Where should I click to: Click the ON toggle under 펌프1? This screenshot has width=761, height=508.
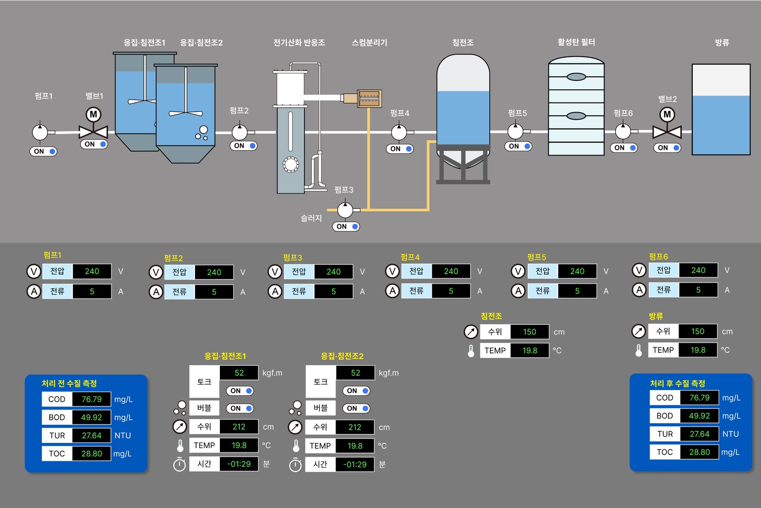(43, 151)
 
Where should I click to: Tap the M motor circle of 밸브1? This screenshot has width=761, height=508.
(94, 114)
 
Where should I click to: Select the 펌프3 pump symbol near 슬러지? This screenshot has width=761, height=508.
(345, 210)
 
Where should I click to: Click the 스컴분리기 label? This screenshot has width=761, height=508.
(369, 42)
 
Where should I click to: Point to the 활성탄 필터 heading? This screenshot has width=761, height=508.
(576, 42)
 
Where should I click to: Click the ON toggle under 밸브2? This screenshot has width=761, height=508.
(667, 148)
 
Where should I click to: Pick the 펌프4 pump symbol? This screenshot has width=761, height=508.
(399, 132)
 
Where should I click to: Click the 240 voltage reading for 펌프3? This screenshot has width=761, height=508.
(333, 271)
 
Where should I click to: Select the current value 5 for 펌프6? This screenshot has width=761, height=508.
(698, 290)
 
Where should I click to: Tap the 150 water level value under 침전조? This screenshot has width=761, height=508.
(530, 332)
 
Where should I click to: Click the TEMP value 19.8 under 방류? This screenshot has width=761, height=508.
(698, 350)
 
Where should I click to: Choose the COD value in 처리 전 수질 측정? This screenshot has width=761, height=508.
(91, 399)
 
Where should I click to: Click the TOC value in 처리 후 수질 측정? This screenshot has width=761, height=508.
(699, 452)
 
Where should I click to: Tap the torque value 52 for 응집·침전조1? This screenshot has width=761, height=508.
(239, 373)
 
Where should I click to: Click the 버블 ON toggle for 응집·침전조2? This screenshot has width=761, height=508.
(356, 409)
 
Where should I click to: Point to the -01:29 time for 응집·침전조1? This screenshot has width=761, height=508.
(239, 464)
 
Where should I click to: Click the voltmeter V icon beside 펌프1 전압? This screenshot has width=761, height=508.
(33, 271)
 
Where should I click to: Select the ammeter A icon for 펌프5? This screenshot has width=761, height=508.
(518, 291)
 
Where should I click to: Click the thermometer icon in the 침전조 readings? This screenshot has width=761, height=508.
(471, 350)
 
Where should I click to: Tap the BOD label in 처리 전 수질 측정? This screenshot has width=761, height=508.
(57, 418)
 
